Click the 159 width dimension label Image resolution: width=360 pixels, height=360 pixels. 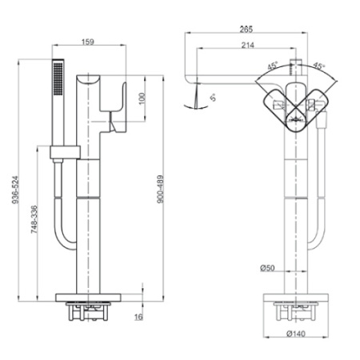pyautogui.click(x=88, y=42)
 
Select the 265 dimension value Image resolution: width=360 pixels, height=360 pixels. pyautogui.click(x=246, y=29)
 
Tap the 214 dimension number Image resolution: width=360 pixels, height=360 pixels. pyautogui.click(x=248, y=45)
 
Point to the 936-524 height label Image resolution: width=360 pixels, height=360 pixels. pyautogui.click(x=16, y=190)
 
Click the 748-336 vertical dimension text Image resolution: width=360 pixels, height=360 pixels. pyautogui.click(x=34, y=219)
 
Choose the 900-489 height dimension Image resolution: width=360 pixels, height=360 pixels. pyautogui.click(x=160, y=189)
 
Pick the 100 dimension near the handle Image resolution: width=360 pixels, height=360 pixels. pyautogui.click(x=142, y=98)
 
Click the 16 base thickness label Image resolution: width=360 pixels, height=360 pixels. pyautogui.click(x=138, y=317)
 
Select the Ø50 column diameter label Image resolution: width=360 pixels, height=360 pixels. pyautogui.click(x=267, y=268)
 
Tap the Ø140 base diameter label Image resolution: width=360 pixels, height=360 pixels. pyautogui.click(x=296, y=334)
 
